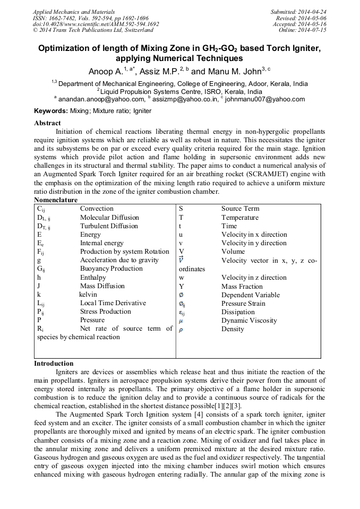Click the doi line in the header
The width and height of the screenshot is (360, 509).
click(x=96, y=24)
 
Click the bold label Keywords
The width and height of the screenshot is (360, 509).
click(x=50, y=111)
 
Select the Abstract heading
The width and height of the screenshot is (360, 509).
click(x=48, y=123)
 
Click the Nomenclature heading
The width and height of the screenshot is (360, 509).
click(x=56, y=200)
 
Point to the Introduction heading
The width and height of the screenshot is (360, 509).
click(x=54, y=364)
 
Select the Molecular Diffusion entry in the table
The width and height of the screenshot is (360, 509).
click(x=109, y=218)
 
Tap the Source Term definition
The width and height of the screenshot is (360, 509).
click(x=240, y=209)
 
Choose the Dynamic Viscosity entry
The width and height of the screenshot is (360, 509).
click(x=249, y=321)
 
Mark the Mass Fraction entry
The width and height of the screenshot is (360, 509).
click(x=242, y=286)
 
